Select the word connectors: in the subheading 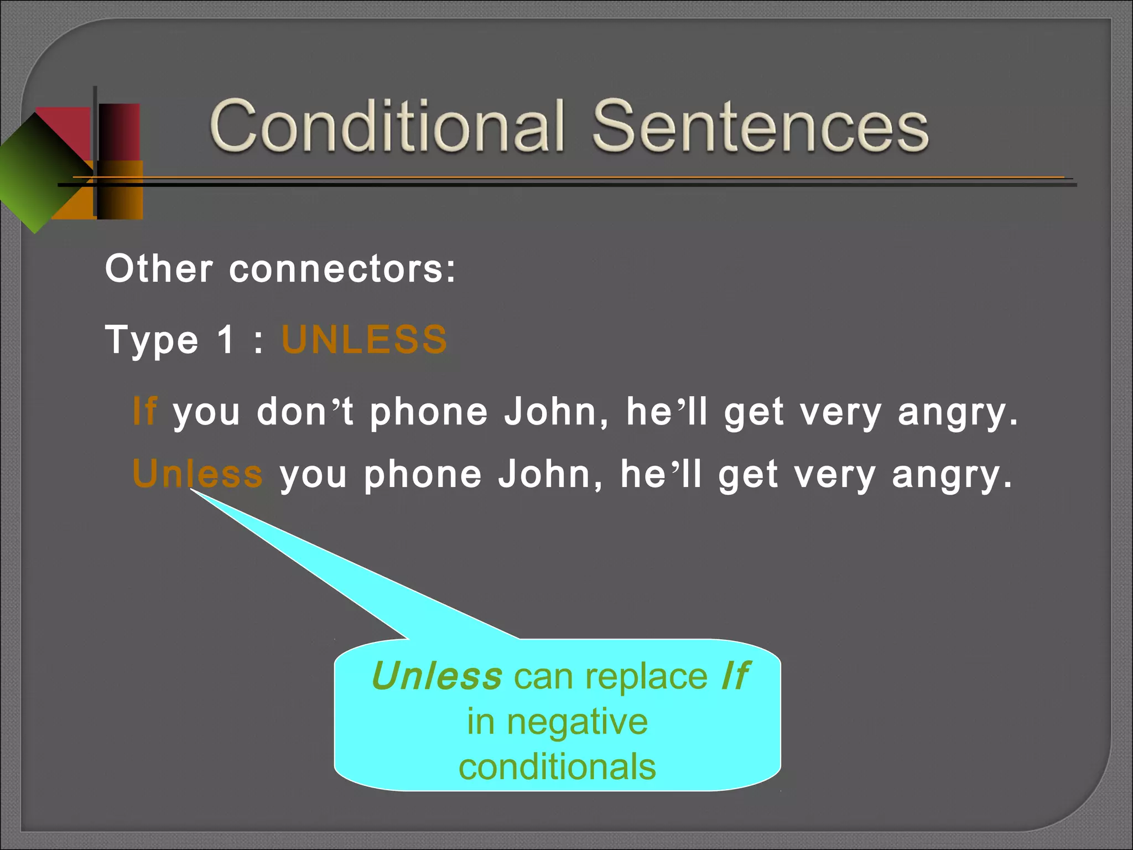(342, 269)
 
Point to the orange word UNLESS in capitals (364, 339)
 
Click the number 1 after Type (226, 339)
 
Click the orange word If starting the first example (145, 412)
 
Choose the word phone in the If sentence (429, 413)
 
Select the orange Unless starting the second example (198, 474)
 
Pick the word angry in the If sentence (957, 413)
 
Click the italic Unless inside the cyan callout (437, 676)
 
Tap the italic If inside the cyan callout (735, 676)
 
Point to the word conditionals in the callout (558, 768)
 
